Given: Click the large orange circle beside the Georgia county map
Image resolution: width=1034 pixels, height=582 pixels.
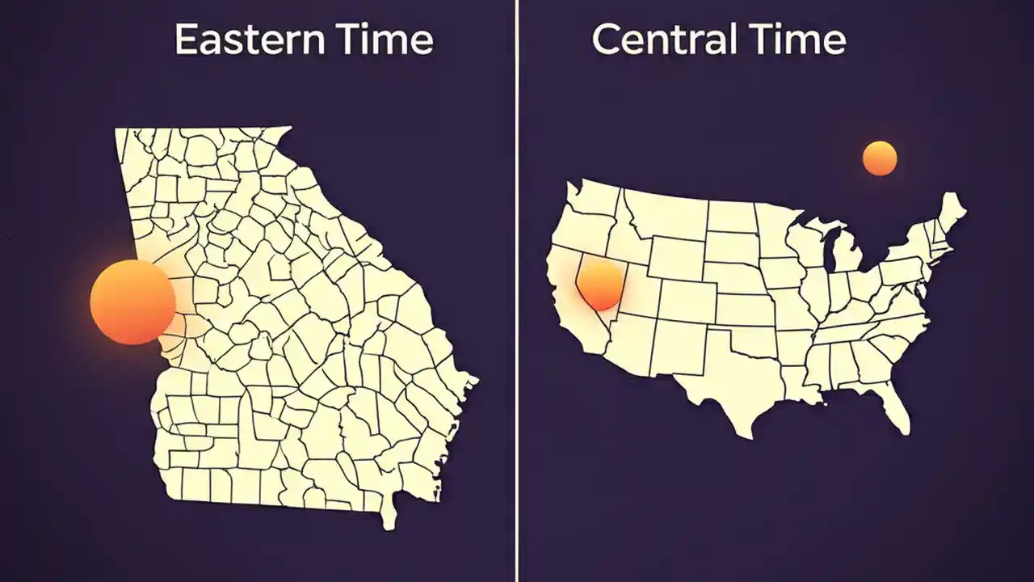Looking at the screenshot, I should pyautogui.click(x=132, y=302).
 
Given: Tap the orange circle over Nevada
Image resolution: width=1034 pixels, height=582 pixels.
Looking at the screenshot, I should pyautogui.click(x=600, y=285).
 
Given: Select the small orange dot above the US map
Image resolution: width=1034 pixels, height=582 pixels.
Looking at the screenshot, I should pyautogui.click(x=880, y=158).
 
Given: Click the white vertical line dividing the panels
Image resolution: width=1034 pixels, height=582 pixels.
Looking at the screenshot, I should pyautogui.click(x=516, y=291).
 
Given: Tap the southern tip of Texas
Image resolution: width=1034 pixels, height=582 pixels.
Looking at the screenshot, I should pyautogui.click(x=748, y=432).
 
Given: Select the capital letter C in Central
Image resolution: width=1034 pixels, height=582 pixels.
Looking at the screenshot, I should pyautogui.click(x=607, y=40).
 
